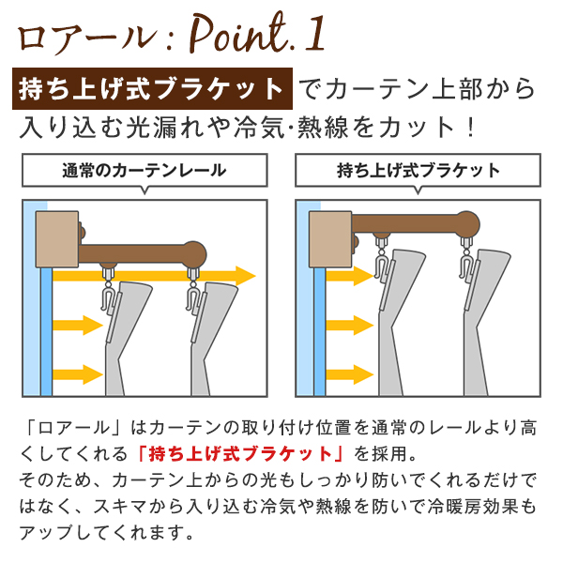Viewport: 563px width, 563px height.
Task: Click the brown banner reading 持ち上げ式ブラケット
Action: coord(152,89)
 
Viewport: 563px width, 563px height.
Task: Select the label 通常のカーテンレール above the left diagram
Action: coord(145,170)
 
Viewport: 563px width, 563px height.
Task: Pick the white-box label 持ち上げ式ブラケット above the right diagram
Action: coord(418,170)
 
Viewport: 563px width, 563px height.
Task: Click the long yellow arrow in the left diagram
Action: coord(155,276)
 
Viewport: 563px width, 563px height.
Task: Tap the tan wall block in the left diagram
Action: coord(57,239)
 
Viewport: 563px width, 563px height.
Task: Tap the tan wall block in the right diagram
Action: coord(330,239)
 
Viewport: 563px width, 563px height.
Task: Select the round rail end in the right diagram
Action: coord(467,223)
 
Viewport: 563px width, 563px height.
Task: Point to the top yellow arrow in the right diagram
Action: coord(349,276)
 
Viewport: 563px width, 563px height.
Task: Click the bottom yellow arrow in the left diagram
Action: coord(78,374)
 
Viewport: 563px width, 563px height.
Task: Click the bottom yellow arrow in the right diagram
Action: coord(349,374)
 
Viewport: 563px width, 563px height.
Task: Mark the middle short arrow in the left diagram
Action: coord(78,326)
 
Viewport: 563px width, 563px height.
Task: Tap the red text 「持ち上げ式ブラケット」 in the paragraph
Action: coord(240,454)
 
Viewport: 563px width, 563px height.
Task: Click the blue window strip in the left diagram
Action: coord(47,331)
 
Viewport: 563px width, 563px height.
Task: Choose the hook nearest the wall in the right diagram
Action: coord(381,260)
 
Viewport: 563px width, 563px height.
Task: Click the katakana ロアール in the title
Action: coord(87,38)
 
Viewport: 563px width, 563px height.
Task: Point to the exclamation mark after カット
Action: coord(470,128)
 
